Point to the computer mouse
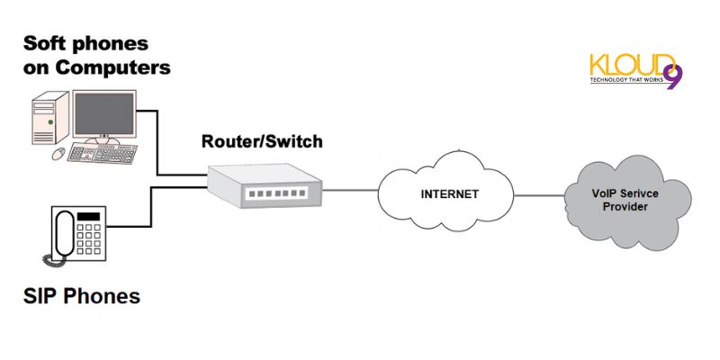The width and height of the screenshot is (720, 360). pos(58,154)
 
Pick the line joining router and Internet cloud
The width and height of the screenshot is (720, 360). pos(352,191)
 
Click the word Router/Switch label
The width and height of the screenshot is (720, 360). pos(261,141)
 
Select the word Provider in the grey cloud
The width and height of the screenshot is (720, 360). pos(620,207)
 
